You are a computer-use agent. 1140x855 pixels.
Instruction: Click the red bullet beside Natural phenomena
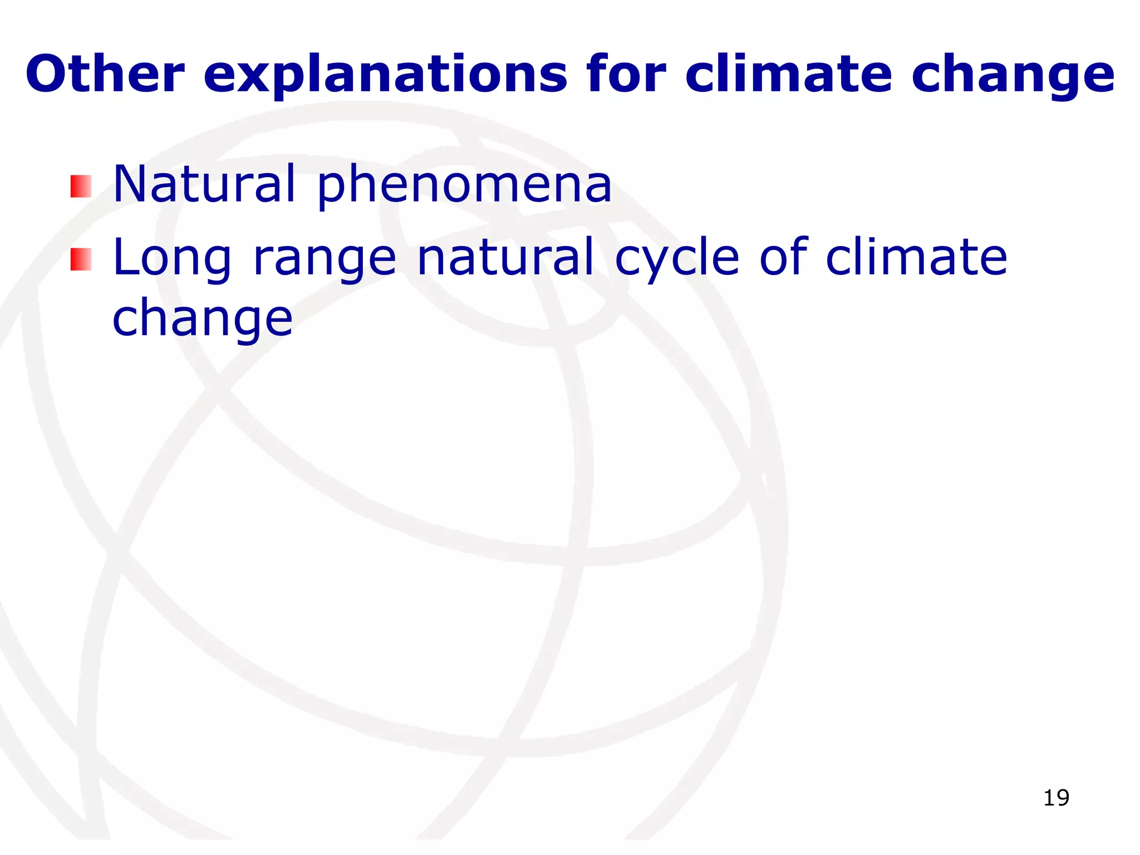pyautogui.click(x=81, y=186)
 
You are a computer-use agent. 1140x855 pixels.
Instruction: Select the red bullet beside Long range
pyautogui.click(x=81, y=259)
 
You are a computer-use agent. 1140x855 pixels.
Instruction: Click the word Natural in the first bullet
pyautogui.click(x=204, y=184)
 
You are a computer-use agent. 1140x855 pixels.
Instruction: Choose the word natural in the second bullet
pyautogui.click(x=505, y=257)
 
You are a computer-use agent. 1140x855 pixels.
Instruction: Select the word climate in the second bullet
pyautogui.click(x=916, y=257)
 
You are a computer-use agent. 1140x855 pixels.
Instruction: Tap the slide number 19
pyautogui.click(x=1056, y=798)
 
